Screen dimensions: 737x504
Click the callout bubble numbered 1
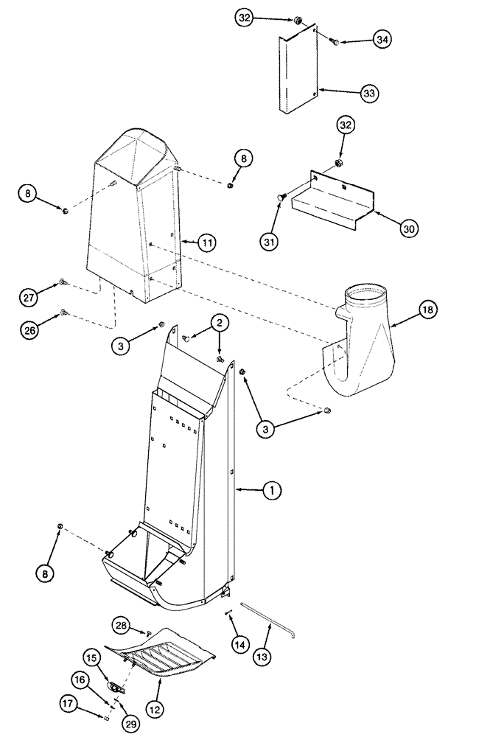tap(272, 489)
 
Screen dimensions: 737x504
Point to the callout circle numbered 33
tap(368, 93)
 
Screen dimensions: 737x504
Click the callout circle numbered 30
tap(409, 229)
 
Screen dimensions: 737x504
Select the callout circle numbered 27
tap(28, 297)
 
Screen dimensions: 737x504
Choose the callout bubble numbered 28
tap(122, 625)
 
